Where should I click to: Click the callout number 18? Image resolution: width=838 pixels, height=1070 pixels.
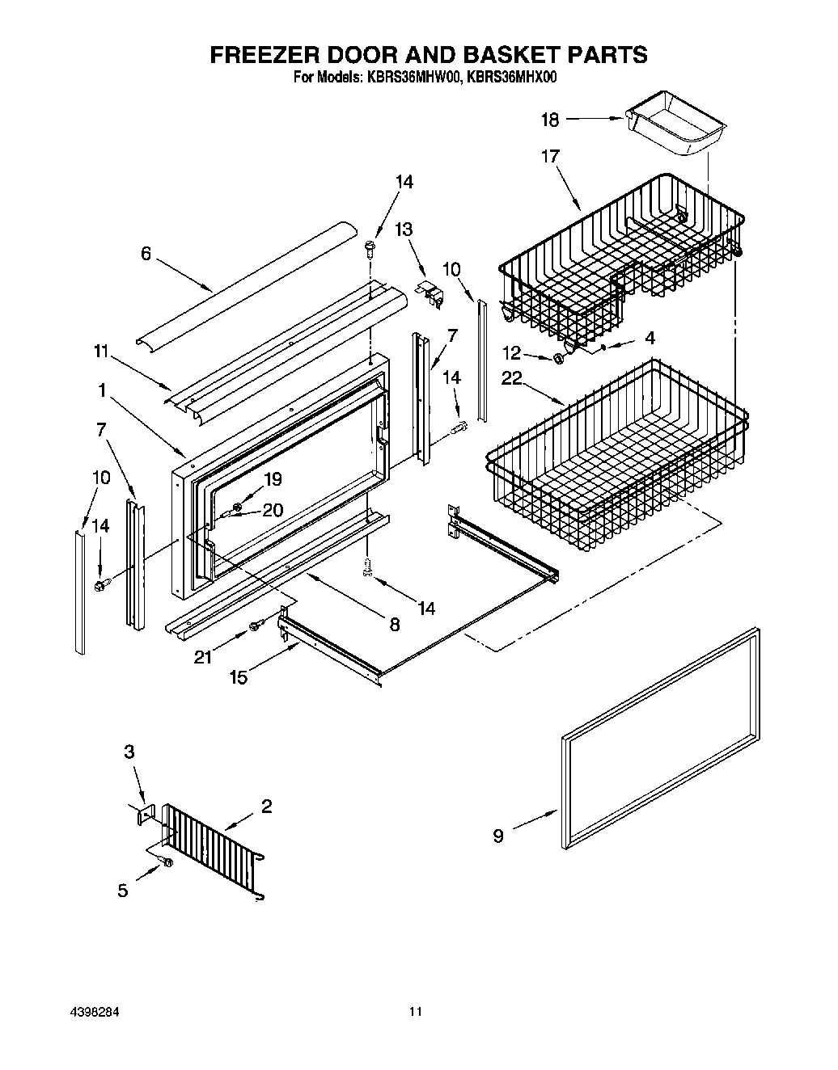(x=549, y=120)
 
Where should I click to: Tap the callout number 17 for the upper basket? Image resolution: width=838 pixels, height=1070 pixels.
(x=550, y=156)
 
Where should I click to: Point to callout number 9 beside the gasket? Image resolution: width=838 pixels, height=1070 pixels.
(x=498, y=836)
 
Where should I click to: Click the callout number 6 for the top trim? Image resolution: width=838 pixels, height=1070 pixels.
(x=146, y=254)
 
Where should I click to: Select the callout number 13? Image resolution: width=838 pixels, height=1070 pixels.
(x=403, y=230)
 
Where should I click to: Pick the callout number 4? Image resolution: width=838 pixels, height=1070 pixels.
(x=650, y=338)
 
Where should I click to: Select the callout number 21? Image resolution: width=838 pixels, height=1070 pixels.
(x=203, y=658)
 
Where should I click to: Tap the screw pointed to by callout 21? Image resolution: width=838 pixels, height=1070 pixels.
(x=256, y=625)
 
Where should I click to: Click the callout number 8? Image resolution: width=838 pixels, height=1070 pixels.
(x=395, y=624)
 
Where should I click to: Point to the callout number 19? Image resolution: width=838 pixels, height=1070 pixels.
(x=273, y=479)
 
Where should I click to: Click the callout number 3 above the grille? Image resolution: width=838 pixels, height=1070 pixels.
(x=129, y=752)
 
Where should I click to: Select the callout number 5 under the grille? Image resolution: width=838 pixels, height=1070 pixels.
(x=123, y=891)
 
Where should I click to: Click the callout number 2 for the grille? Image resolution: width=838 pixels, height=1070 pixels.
(x=266, y=806)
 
